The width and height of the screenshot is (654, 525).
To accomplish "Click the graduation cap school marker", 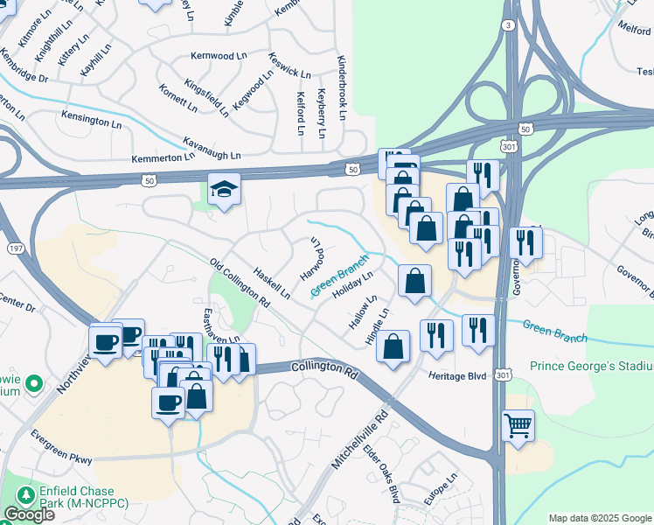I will pyautogui.click(x=224, y=188).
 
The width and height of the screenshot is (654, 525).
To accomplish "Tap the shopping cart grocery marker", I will pyautogui.click(x=518, y=426).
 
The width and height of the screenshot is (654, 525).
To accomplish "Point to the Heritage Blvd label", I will pyautogui.click(x=456, y=374).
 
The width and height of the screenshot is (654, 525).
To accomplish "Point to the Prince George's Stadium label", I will pyautogui.click(x=591, y=364).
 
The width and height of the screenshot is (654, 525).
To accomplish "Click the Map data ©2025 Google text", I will pyautogui.click(x=600, y=518).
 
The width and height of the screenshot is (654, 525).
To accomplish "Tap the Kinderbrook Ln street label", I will pyautogui.click(x=342, y=90).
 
